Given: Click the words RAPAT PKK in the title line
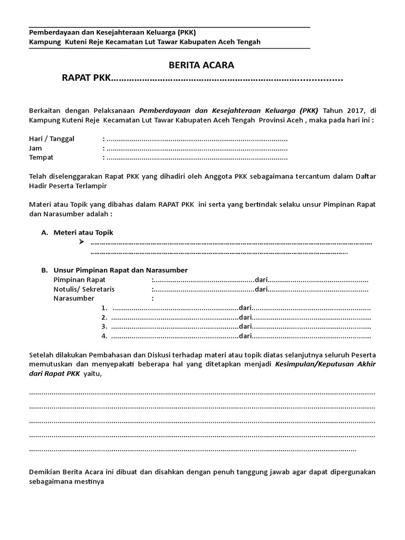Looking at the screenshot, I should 86,79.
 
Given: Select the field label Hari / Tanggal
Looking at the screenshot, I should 52,139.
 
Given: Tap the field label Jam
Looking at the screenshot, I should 36,148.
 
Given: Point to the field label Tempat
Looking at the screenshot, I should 41,158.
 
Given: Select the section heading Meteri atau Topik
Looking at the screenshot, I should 83,233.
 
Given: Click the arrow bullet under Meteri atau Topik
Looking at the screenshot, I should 81,242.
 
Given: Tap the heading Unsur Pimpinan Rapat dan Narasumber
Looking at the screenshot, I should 120,270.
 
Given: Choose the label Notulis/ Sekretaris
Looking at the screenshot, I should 84,289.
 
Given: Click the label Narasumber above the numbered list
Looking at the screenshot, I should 74,298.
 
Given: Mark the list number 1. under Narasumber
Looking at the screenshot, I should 104,308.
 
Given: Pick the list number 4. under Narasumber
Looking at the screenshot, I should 104,336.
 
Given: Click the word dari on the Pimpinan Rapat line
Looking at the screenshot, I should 262,279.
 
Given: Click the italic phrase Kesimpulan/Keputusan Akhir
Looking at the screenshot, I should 325,364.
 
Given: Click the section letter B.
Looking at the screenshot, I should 44,270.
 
